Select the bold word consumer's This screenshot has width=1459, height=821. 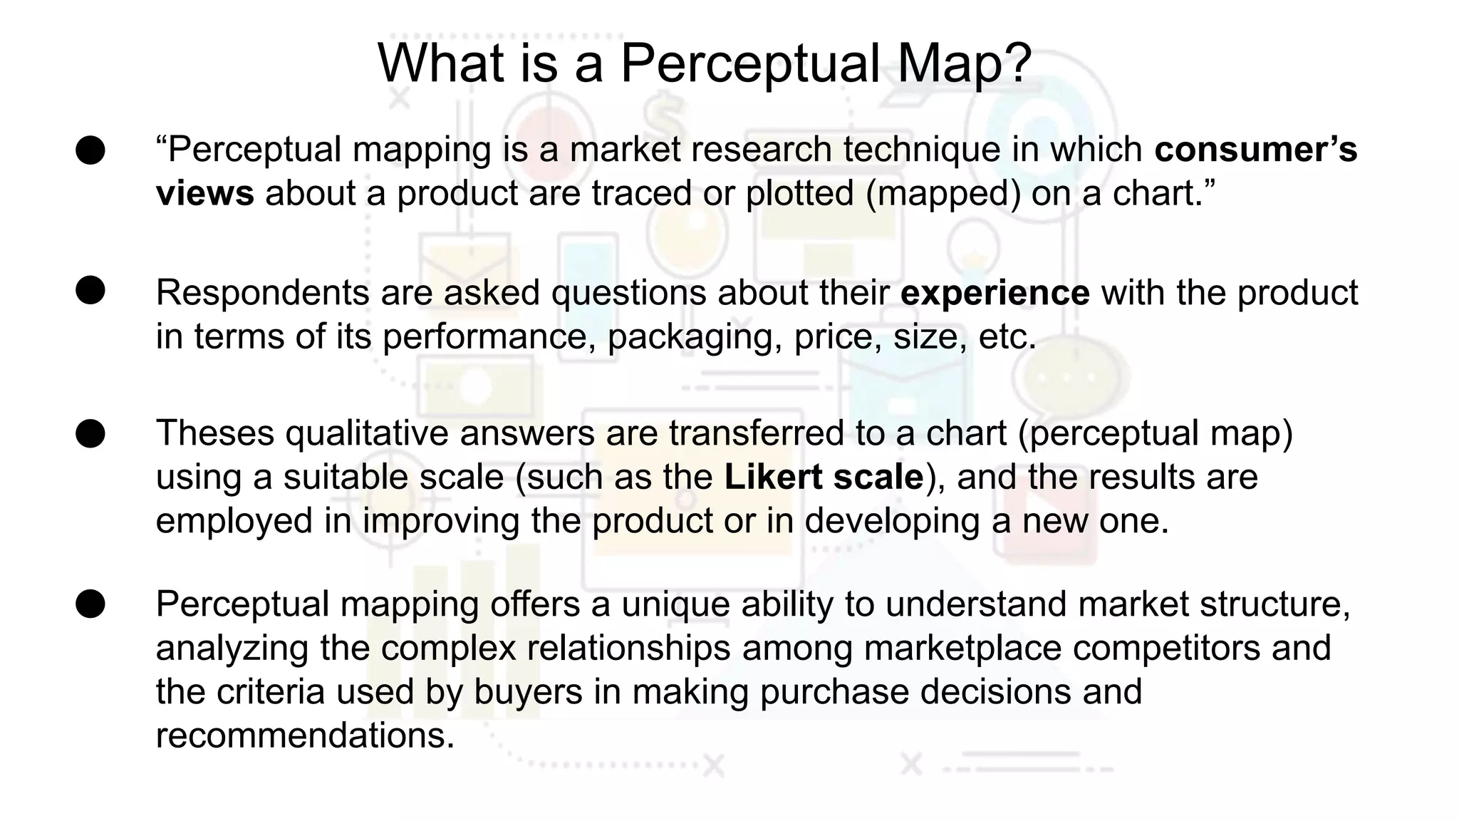[1255, 150]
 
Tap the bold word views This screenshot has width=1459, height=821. [204, 193]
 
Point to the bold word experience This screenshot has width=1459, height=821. [995, 293]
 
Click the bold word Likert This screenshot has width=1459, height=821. [773, 477]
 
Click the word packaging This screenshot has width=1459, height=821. [690, 336]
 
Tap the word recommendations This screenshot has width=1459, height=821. [305, 735]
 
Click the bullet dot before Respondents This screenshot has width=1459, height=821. [90, 291]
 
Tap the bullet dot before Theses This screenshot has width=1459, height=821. [90, 433]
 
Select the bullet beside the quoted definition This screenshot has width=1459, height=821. [90, 150]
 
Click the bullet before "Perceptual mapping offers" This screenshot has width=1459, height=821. [90, 604]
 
